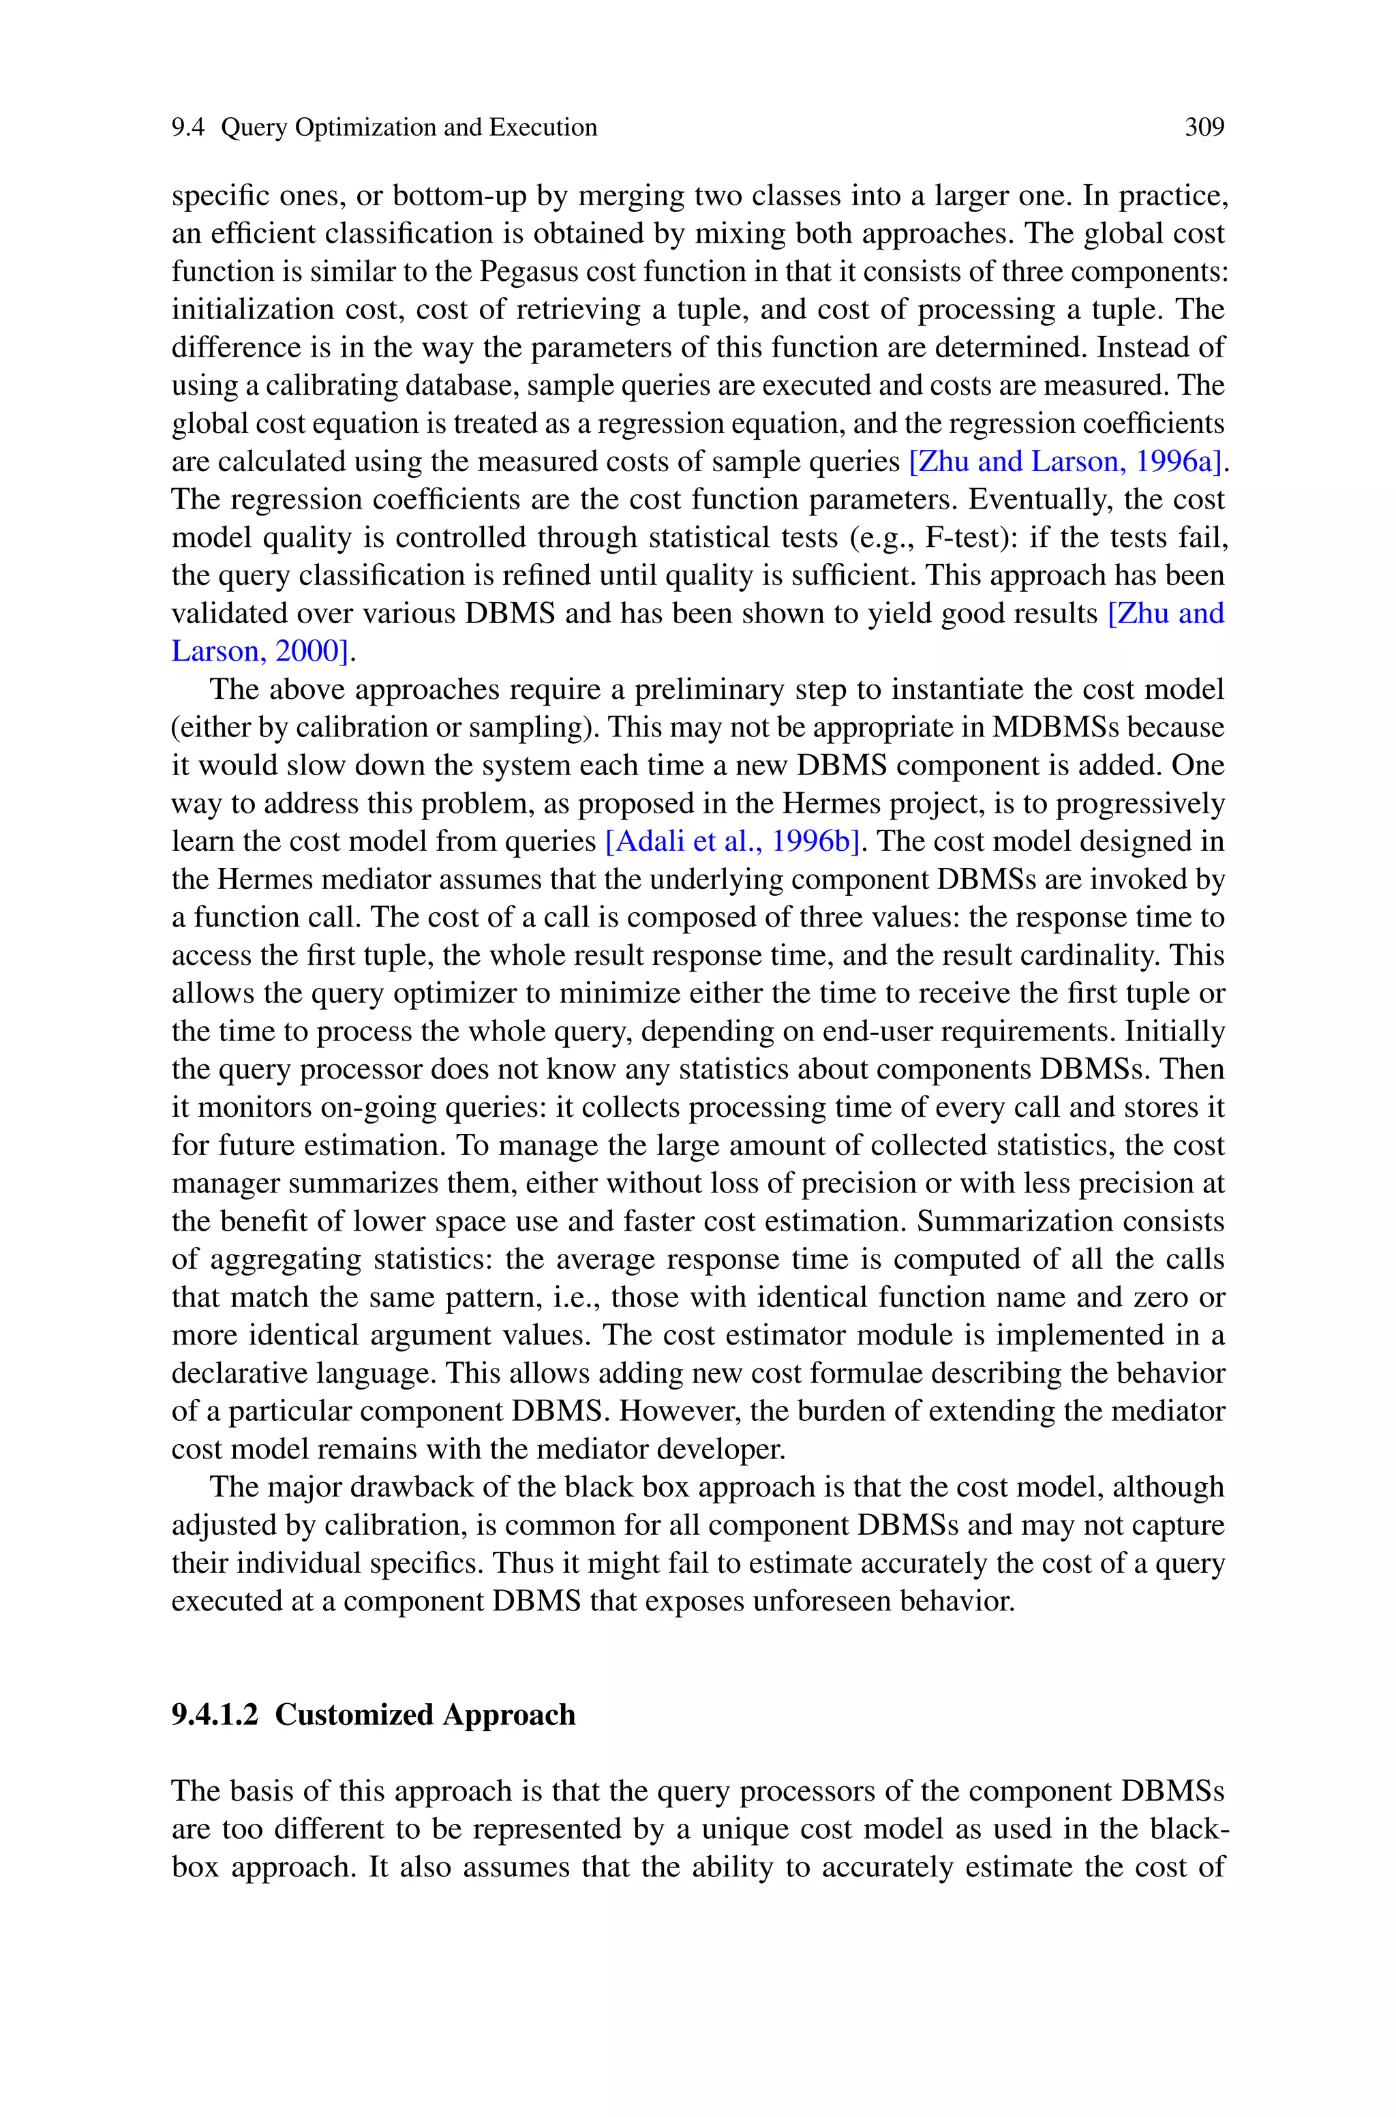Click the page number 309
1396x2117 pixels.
pyautogui.click(x=1204, y=128)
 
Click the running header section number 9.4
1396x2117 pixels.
pyautogui.click(x=188, y=128)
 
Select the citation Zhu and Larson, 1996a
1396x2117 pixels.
pyautogui.click(x=1063, y=461)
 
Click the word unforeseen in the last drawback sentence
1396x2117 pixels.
pyautogui.click(x=821, y=1602)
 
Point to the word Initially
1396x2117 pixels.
pyautogui.click(x=1174, y=1032)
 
